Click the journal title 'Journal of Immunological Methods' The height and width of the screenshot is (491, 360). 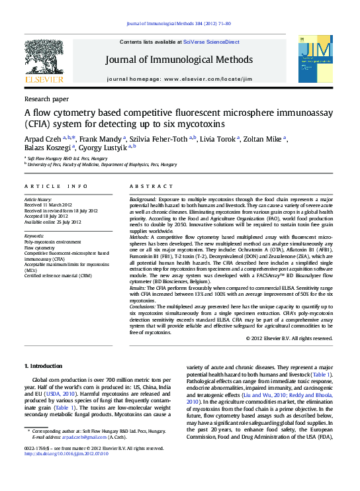pos(179,60)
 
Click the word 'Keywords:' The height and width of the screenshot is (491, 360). pos(34,236)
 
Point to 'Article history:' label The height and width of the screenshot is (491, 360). pos(38,199)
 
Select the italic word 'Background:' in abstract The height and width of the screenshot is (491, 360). pos(143,199)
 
